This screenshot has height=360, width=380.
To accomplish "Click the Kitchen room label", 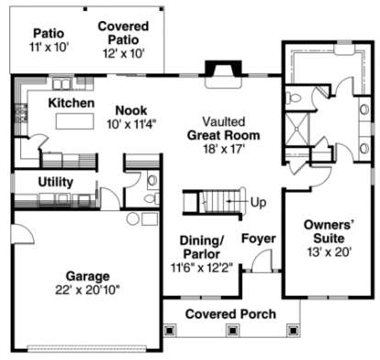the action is tap(72, 103).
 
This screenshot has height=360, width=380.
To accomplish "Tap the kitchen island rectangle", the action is tap(74, 121).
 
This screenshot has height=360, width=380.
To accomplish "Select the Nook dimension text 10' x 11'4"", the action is tap(131, 124).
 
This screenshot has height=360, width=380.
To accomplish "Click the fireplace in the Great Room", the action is tap(223, 74).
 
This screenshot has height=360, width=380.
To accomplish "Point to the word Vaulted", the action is tap(224, 121).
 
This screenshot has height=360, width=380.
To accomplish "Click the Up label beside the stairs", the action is tap(258, 203).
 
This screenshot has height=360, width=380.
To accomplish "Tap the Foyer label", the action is tap(259, 239).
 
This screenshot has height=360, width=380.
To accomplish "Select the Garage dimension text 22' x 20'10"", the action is tap(87, 289).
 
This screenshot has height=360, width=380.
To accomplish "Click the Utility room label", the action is tap(56, 182).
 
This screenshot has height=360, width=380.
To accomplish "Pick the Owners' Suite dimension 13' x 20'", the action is tap(329, 252).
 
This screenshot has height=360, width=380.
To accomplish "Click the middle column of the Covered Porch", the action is tap(232, 331).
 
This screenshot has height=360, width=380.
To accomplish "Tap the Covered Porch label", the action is tap(230, 314).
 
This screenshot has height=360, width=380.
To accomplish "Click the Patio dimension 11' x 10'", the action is tap(49, 47).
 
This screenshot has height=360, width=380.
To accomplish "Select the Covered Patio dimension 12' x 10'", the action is tap(123, 53).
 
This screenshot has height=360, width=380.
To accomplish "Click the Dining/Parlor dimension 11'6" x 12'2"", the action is tap(202, 268).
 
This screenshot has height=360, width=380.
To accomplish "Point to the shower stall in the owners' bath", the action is tap(297, 129).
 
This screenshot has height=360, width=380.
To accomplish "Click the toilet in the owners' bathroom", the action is tap(293, 98).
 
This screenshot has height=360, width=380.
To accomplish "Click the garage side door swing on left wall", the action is tap(22, 234).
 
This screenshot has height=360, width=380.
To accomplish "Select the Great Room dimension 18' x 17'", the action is tap(224, 149).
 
